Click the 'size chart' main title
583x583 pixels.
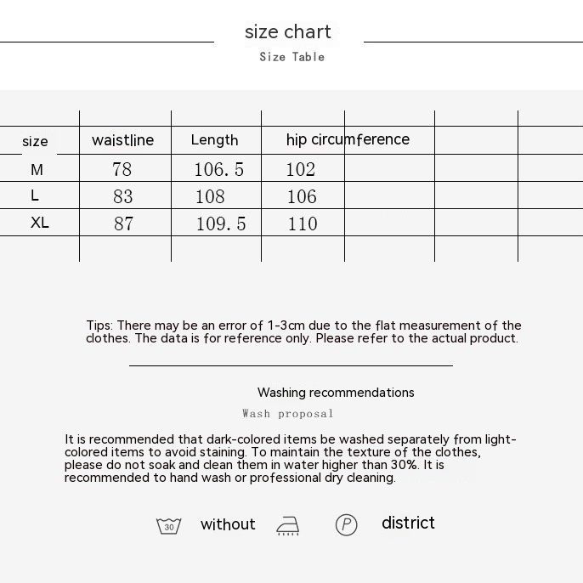click(x=288, y=32)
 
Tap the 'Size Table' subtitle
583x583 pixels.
click(x=291, y=57)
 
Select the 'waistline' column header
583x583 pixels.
click(x=122, y=140)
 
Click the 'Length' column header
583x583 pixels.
click(x=214, y=140)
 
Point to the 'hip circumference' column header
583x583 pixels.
click(x=348, y=139)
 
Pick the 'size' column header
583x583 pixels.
click(x=35, y=141)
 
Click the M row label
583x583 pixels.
click(x=37, y=170)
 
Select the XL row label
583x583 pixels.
click(x=39, y=223)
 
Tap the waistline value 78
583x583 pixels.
click(x=122, y=170)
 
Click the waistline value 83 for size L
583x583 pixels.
click(x=123, y=197)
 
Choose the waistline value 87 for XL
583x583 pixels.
click(x=123, y=224)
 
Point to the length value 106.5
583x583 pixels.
click(x=218, y=170)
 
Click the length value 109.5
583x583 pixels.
click(x=221, y=224)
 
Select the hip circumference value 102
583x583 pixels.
click(x=301, y=170)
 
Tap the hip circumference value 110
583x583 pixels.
click(x=303, y=224)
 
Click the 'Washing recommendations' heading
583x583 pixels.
click(x=336, y=393)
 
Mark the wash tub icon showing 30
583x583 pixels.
click(x=169, y=526)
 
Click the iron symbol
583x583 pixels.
click(x=288, y=526)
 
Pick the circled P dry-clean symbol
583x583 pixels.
click(x=346, y=525)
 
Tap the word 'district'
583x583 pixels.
click(x=408, y=523)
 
